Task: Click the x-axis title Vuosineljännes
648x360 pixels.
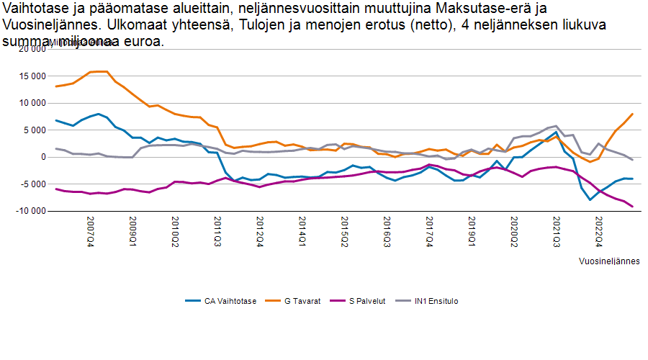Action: (x=609, y=261)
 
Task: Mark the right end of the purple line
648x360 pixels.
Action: (x=632, y=207)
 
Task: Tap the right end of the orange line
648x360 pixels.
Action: (x=632, y=114)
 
